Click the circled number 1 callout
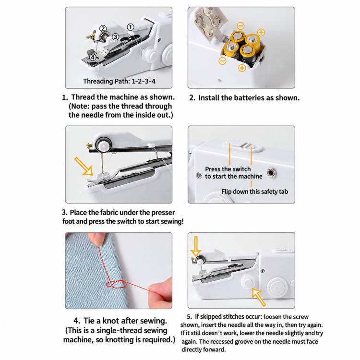tap(131, 27)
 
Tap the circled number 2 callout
tap(103, 28)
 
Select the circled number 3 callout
tap(115, 37)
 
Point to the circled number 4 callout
tap(93, 57)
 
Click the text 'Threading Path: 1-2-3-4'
tap(119, 81)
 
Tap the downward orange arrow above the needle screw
tap(196, 246)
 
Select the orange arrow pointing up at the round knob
tap(259, 297)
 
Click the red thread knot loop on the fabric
tap(117, 285)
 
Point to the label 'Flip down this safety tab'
tap(254, 192)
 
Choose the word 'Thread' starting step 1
tap(83, 97)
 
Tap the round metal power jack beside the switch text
tap(271, 172)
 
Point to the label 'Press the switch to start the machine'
tap(233, 173)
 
